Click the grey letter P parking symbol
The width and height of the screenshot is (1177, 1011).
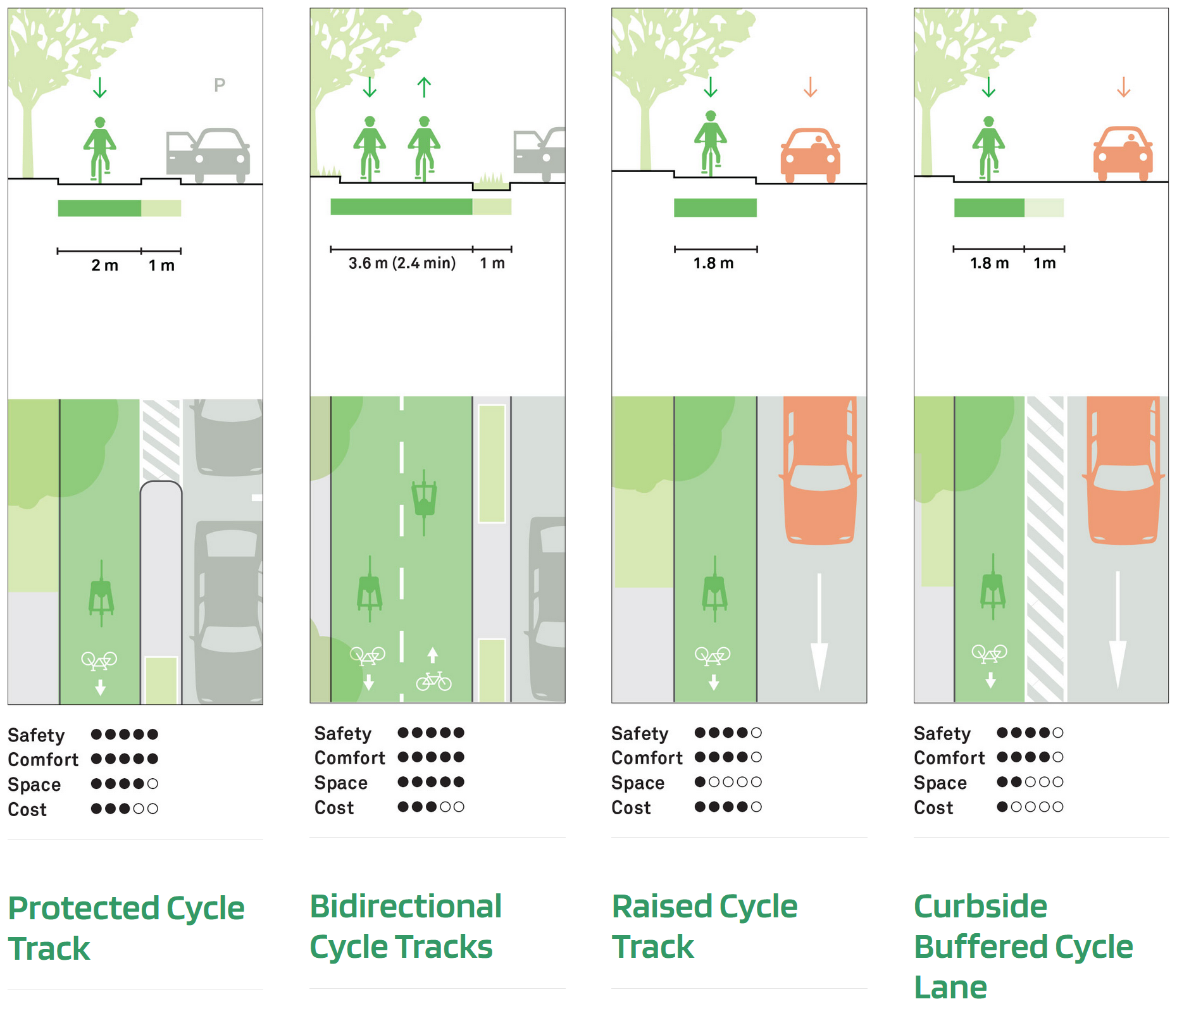click(219, 85)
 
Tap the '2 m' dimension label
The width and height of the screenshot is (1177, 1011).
click(104, 265)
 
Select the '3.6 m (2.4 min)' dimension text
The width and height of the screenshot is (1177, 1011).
click(402, 263)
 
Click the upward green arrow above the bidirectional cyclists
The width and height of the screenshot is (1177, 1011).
click(424, 87)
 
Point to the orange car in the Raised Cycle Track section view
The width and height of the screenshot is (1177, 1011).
click(810, 154)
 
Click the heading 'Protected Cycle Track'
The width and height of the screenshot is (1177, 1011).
click(126, 927)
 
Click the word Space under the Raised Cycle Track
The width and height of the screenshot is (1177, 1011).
click(637, 783)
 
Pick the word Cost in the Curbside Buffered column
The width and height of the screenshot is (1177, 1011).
click(933, 807)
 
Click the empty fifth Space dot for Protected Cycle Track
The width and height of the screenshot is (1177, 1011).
click(153, 784)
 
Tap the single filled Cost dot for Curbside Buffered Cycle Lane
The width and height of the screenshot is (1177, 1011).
click(1002, 807)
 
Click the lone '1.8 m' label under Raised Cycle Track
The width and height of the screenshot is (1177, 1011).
click(713, 263)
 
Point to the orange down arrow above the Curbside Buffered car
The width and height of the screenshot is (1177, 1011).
click(1123, 87)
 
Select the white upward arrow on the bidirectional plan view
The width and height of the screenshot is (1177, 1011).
click(432, 654)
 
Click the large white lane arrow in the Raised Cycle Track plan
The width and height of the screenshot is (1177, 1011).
click(819, 633)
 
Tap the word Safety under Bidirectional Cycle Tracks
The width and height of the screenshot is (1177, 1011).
click(342, 733)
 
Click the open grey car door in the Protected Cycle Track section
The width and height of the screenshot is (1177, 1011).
click(179, 152)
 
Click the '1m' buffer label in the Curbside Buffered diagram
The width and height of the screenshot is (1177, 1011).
click(1045, 263)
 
